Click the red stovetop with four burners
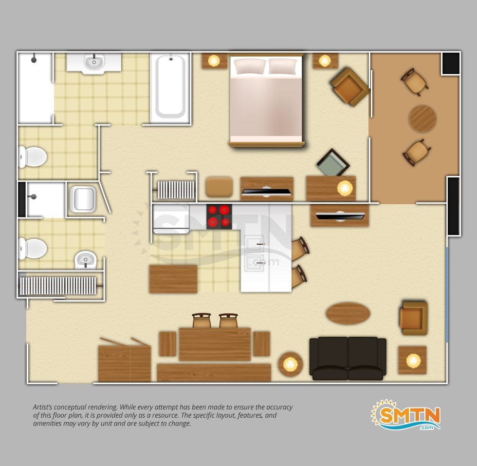tap(219, 217)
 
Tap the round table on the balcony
tap(422, 118)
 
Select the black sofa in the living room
tap(348, 358)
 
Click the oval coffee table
tap(348, 313)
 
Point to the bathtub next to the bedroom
tap(170, 88)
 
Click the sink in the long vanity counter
tap(94, 62)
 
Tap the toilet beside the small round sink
tap(33, 249)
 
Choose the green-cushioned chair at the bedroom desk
tap(333, 162)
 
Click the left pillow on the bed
tap(249, 66)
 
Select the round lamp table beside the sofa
tap(291, 364)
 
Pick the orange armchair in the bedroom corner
tap(350, 87)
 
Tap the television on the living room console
tap(340, 216)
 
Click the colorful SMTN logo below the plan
tap(406, 415)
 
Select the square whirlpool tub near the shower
tap(83, 199)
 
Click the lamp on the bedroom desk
tap(345, 188)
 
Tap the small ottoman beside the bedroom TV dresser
tap(219, 187)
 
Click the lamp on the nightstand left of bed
tap(214, 60)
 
